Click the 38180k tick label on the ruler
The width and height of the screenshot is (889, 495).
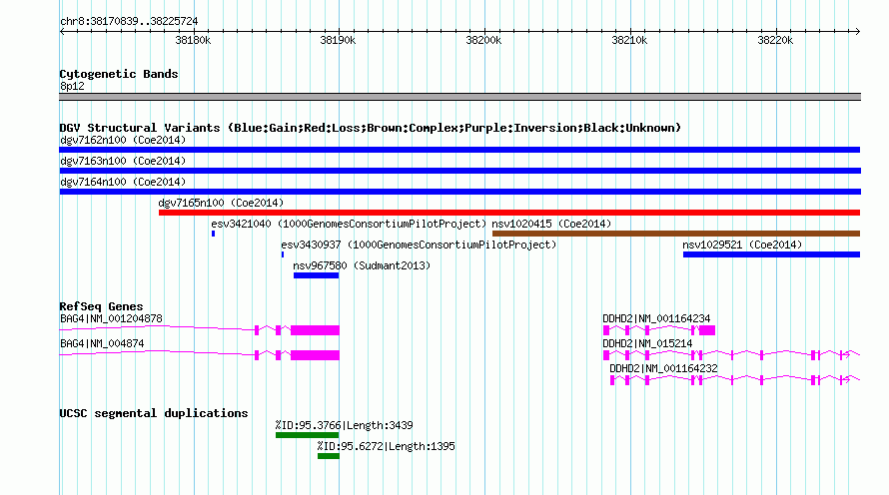[x=193, y=40]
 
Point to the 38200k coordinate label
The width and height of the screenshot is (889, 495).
[x=483, y=40]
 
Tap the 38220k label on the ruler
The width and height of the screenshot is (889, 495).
[x=775, y=40]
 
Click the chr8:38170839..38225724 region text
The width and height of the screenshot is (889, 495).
[x=129, y=22]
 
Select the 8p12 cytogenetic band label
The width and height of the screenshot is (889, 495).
[x=72, y=86]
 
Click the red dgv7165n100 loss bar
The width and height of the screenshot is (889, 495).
[x=509, y=213]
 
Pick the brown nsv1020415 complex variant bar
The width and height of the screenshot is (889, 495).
[x=676, y=234]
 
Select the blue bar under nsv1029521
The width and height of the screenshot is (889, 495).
[x=772, y=254]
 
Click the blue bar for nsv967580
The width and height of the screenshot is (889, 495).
[x=316, y=275]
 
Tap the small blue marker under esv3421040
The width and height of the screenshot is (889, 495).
[x=213, y=234]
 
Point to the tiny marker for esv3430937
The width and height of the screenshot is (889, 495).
[x=283, y=254]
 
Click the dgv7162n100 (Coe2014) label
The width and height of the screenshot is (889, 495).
[x=123, y=140]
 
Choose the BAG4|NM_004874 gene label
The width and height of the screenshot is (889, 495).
[x=102, y=343]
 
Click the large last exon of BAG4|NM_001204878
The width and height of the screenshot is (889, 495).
[x=316, y=330]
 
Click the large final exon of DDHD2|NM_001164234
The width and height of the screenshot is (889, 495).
[x=707, y=330]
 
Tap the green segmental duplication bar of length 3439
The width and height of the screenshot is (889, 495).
[x=307, y=435]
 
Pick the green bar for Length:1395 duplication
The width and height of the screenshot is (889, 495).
[x=329, y=456]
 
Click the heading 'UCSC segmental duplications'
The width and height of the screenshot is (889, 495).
[x=154, y=413]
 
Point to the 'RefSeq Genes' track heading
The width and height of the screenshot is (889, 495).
[x=101, y=306]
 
